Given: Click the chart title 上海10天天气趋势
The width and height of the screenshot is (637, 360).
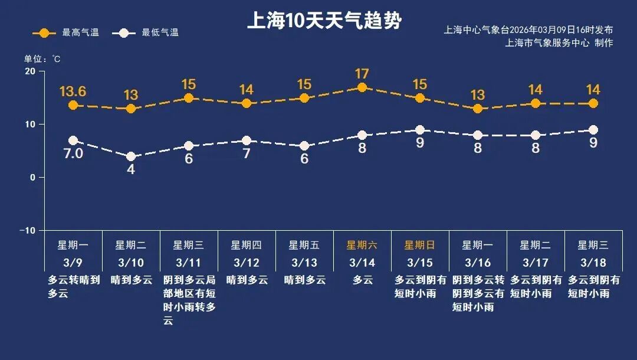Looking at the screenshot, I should (x=324, y=21).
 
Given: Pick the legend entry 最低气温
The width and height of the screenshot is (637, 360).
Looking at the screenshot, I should (x=148, y=32).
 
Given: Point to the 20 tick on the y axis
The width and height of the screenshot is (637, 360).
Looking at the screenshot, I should (x=29, y=71).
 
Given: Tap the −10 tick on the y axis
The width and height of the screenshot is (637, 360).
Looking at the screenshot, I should (x=27, y=230).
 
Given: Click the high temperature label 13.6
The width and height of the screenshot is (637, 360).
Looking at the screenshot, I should (x=73, y=91).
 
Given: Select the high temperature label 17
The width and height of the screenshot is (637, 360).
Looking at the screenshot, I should (x=362, y=74).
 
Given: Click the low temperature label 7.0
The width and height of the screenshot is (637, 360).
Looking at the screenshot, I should (x=73, y=155).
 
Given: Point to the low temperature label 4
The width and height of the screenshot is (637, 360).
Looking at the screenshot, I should (x=131, y=169).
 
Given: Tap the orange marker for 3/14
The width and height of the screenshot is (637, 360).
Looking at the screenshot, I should (x=362, y=87).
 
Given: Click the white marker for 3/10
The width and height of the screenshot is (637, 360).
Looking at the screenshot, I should (x=131, y=156).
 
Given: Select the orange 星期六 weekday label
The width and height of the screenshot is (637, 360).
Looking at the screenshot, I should (x=362, y=246).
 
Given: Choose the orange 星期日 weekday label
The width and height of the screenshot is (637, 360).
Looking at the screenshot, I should (x=419, y=246).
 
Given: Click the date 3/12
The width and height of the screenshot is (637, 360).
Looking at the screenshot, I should (x=246, y=262).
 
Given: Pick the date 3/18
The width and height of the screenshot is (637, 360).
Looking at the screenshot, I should (x=593, y=262).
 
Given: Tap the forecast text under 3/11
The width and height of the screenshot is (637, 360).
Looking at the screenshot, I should (x=189, y=300).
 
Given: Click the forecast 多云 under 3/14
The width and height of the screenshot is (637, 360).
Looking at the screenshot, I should (x=362, y=280).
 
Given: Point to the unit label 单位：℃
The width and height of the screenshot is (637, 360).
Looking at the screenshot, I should (x=42, y=59).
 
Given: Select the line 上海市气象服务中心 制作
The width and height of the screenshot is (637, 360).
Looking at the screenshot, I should (x=559, y=42).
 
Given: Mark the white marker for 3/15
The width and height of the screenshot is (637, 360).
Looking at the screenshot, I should (x=420, y=130).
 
